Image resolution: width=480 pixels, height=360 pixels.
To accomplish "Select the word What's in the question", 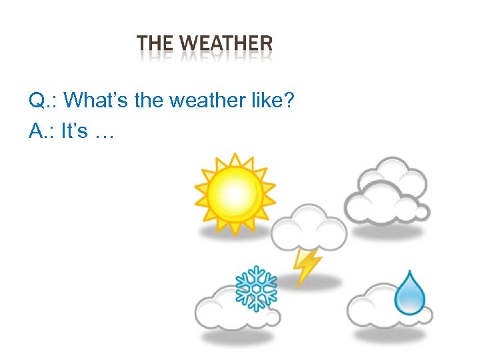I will coord(89,101).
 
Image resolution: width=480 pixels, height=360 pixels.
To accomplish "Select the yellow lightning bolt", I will coord(307,266).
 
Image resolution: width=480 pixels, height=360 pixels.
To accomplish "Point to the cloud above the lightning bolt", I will coord(309,227).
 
